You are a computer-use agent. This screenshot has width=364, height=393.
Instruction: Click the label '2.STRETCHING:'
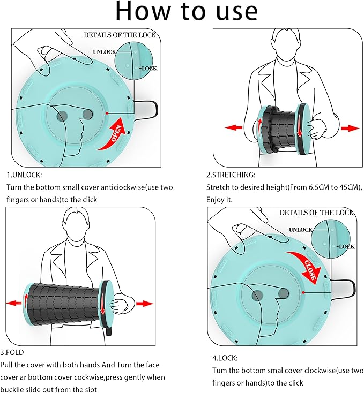coord(231,175)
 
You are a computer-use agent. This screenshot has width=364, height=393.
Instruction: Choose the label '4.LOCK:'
coord(222,357)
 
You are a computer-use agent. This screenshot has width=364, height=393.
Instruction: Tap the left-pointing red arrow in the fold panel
coord(12,303)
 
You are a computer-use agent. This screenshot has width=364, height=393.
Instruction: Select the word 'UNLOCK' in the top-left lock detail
coord(105,51)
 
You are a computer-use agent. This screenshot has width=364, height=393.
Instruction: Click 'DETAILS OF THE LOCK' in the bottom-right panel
coord(316,213)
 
